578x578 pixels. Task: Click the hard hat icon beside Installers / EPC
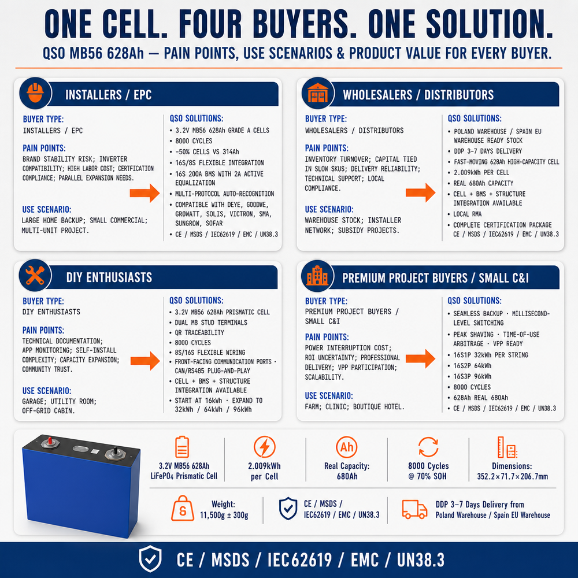[x=35, y=93]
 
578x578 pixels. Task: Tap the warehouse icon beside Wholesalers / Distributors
[x=317, y=93]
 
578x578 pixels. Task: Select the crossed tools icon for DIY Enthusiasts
[x=35, y=275]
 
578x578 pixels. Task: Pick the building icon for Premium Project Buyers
[x=317, y=275]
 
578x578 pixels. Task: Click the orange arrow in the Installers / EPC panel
[x=144, y=193]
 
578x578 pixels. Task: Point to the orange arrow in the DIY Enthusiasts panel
[x=145, y=361]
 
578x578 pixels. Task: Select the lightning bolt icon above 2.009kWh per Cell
[x=264, y=447]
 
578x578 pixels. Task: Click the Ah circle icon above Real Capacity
[x=346, y=447]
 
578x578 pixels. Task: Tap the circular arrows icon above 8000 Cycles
[x=428, y=447]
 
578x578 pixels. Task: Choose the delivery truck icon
[x=414, y=509]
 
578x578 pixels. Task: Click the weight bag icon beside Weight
[x=183, y=508]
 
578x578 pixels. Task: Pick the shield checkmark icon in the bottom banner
[x=150, y=559]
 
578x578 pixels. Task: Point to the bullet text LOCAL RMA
[x=468, y=214]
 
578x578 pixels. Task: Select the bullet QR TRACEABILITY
[x=199, y=332]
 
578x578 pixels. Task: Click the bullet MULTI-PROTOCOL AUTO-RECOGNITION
[x=224, y=194]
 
